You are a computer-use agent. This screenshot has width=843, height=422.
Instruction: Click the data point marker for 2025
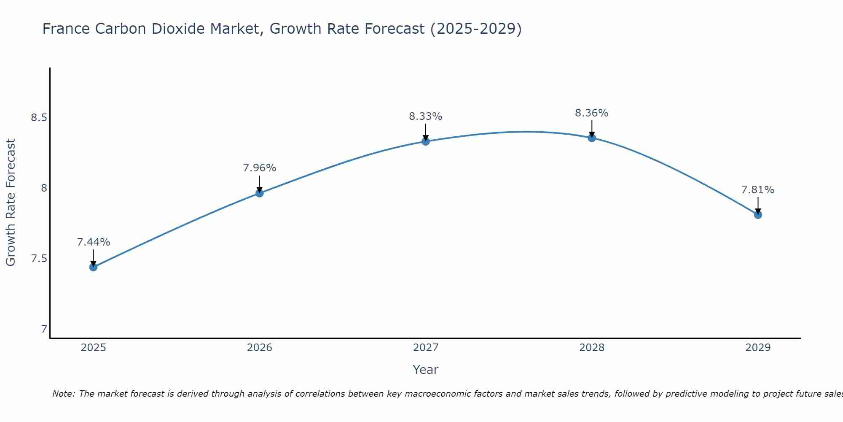[x=93, y=267]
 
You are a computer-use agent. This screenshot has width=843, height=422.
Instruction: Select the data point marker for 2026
[x=260, y=193]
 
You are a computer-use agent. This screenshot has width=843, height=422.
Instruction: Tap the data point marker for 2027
[x=426, y=141]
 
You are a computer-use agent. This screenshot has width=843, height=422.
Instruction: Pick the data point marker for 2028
[x=592, y=138]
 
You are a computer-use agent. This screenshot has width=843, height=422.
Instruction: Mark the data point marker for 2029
[x=758, y=215]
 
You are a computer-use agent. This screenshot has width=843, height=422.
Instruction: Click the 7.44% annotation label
[x=93, y=242]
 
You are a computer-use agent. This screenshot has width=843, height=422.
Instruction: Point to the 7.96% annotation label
[x=260, y=168]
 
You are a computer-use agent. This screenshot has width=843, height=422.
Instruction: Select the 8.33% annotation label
[x=426, y=116]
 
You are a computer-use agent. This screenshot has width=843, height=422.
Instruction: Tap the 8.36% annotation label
[x=592, y=113]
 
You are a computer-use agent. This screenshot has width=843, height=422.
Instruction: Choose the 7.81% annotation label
[x=758, y=190]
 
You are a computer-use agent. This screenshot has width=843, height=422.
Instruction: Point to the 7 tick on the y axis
[x=44, y=329]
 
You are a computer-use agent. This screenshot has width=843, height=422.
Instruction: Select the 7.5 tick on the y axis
[x=38, y=259]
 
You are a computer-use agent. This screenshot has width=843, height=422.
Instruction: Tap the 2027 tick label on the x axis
[x=426, y=348]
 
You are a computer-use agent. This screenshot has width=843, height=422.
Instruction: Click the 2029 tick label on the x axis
[x=758, y=348]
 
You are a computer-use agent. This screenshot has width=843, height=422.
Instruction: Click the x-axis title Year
[x=426, y=370]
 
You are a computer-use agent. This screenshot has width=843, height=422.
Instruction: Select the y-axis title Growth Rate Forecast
[x=11, y=203]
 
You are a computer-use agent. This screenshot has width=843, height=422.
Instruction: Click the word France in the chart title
[x=66, y=29]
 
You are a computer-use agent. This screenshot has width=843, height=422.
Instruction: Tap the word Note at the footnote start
[x=63, y=394]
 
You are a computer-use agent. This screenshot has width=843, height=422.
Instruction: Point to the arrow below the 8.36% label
[x=592, y=128]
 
